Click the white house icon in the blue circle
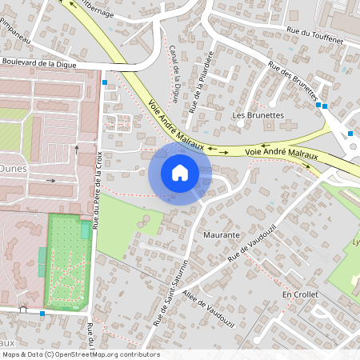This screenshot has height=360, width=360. (180, 172)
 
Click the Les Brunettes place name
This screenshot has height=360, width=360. (258, 115)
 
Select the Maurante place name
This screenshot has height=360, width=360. (222, 235)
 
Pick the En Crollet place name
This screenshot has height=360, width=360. (300, 294)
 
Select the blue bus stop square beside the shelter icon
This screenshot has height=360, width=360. (42, 314)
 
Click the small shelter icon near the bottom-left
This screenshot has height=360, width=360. (23, 310)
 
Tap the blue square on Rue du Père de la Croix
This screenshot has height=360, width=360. (104, 82)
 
